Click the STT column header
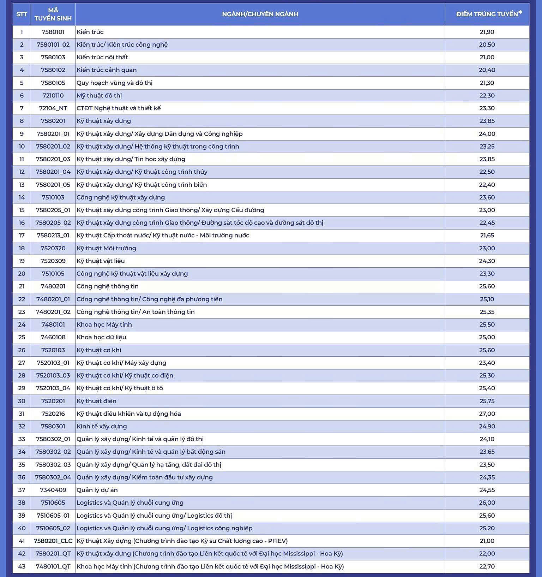click(22, 14)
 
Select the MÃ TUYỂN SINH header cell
click(53, 14)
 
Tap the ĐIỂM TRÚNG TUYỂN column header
click(487, 14)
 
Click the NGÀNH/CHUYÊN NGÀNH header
click(260, 14)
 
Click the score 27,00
click(487, 414)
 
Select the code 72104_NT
click(53, 108)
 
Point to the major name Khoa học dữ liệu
click(101, 337)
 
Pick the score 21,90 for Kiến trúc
click(487, 32)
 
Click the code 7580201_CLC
click(53, 541)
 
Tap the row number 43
click(22, 566)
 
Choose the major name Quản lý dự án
click(97, 490)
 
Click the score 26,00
click(487, 502)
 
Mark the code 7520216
click(53, 414)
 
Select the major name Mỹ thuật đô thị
click(99, 95)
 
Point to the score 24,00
click(487, 134)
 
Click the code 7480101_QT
click(53, 566)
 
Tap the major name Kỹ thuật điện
click(96, 401)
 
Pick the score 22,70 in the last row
click(487, 566)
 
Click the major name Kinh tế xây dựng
click(102, 426)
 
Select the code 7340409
click(53, 490)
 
